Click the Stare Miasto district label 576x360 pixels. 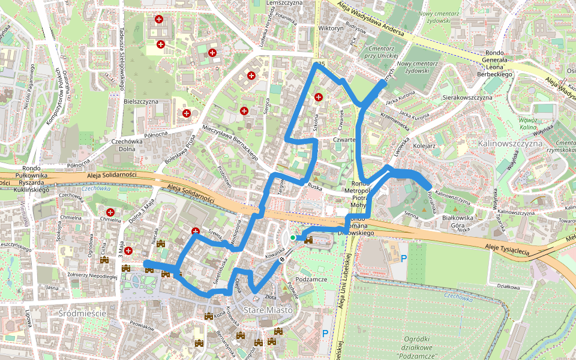[268, 310]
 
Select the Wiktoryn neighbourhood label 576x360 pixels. [331, 28]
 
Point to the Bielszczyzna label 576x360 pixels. [140, 101]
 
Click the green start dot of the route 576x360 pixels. [293, 238]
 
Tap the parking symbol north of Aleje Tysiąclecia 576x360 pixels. [404, 259]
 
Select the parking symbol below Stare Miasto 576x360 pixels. [325, 333]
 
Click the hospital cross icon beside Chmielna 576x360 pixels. [110, 212]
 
